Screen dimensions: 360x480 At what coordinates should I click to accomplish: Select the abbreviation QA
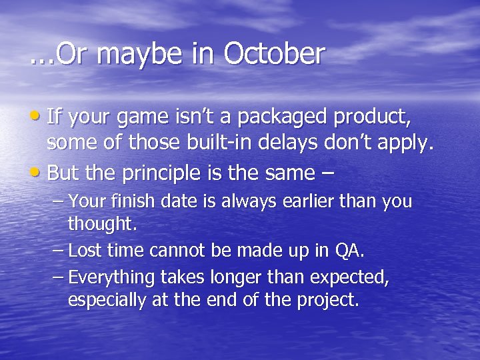tap(349, 251)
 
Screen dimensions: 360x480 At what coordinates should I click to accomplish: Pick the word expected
tap(347, 277)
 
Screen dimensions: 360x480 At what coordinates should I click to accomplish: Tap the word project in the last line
tap(327, 301)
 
